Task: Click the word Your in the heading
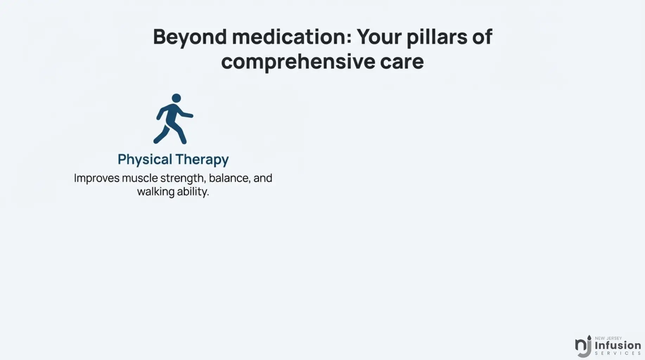coord(379,37)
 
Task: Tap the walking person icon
coord(173,119)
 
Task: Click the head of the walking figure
coord(176,98)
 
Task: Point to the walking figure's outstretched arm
coord(185,114)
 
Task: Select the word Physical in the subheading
coord(145,160)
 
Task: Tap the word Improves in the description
coord(97,179)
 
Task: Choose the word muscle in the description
coord(140,178)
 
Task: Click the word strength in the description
coord(183,179)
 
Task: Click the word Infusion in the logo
coord(618,345)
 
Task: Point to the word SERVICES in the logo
coord(618,353)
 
